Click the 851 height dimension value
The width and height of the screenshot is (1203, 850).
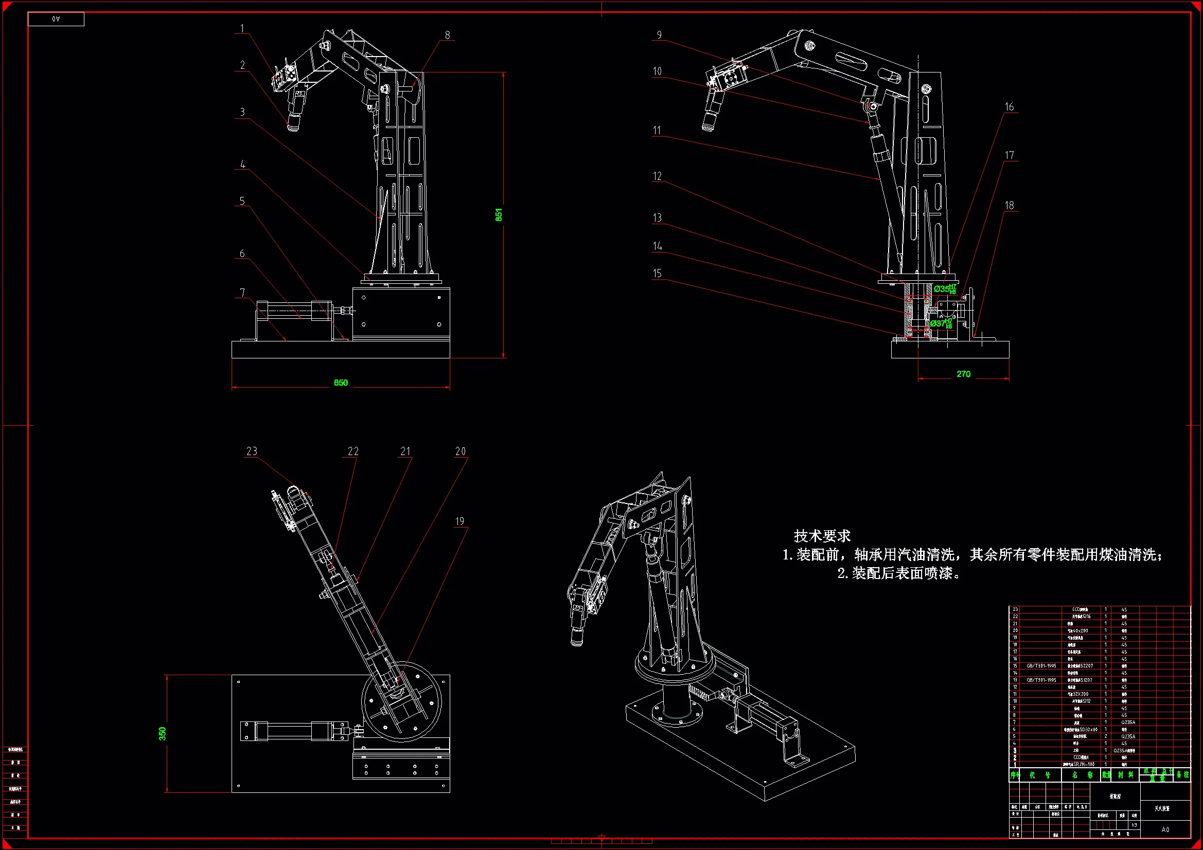click(x=499, y=215)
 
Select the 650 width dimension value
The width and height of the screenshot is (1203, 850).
click(x=341, y=383)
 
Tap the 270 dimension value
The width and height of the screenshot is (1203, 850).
click(x=963, y=374)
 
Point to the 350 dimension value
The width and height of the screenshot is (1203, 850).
click(x=163, y=733)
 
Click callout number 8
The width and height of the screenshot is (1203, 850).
click(x=447, y=35)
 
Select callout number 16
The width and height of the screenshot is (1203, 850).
click(x=1009, y=107)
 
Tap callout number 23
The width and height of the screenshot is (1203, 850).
click(x=252, y=451)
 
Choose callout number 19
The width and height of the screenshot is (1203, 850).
click(x=459, y=521)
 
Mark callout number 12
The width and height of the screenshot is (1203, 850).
click(x=657, y=176)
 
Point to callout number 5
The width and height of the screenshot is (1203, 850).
click(x=242, y=201)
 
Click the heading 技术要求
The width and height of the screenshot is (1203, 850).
click(x=822, y=536)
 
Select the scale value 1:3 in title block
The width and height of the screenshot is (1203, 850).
click(x=1134, y=825)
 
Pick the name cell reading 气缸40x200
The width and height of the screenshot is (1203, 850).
click(x=1077, y=630)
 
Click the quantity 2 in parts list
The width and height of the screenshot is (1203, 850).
click(x=1106, y=736)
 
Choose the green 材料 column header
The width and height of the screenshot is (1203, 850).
click(x=1125, y=774)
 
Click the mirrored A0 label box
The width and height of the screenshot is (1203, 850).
click(x=56, y=20)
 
